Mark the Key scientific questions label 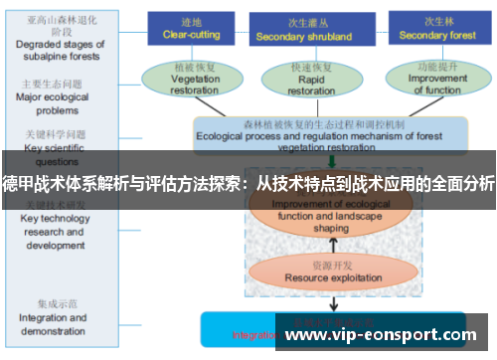(52, 145)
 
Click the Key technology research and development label (55, 231)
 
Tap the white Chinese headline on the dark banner (248, 183)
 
